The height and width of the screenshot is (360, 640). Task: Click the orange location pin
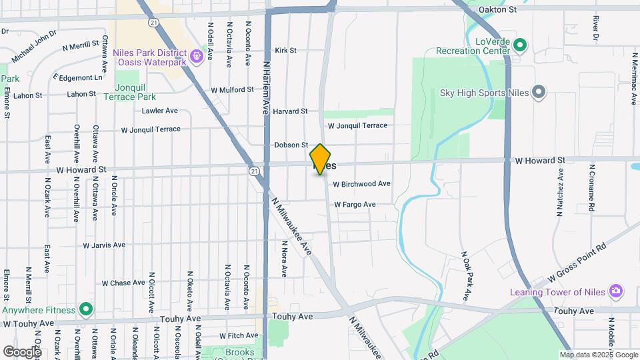(320, 159)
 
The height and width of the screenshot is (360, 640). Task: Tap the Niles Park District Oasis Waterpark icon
(197, 56)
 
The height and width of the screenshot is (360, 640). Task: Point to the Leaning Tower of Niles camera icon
(617, 291)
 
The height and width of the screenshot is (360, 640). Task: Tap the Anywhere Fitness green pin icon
(85, 309)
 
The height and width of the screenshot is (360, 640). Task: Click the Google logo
(22, 351)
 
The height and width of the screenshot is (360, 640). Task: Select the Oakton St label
(498, 10)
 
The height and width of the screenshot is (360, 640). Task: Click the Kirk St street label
(285, 50)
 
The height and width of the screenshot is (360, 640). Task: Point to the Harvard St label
(290, 111)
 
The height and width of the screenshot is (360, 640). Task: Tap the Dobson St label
(291, 145)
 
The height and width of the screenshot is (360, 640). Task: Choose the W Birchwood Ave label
(361, 183)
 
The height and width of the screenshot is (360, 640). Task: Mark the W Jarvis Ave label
(104, 245)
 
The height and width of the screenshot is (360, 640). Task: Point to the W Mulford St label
(232, 89)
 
